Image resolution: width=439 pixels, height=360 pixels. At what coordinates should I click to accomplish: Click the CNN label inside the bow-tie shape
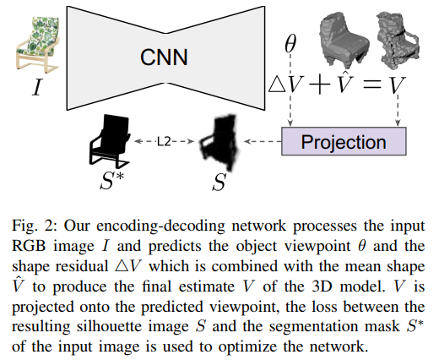point(164,57)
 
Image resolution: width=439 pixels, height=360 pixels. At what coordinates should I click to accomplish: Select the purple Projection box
point(344,141)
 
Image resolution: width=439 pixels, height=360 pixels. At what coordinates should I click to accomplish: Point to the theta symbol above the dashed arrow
point(290,44)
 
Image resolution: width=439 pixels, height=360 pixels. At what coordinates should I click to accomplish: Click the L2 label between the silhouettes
point(164,141)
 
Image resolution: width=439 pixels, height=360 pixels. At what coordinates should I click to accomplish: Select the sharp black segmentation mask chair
point(110,139)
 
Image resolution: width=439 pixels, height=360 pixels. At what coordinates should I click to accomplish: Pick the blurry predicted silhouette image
point(219,143)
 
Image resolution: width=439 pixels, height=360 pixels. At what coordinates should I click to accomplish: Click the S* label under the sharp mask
point(111,181)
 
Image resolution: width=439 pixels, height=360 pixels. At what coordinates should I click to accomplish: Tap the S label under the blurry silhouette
point(219,182)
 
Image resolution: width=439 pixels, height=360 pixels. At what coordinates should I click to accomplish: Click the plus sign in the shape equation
point(319,85)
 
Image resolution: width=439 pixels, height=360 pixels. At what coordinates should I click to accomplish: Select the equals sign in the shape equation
point(372,85)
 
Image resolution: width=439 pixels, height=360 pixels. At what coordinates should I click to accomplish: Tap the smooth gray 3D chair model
point(344,40)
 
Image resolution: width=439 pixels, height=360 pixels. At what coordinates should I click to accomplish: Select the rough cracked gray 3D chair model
point(398,40)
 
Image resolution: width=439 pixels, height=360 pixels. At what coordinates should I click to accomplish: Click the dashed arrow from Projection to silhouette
point(263,141)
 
